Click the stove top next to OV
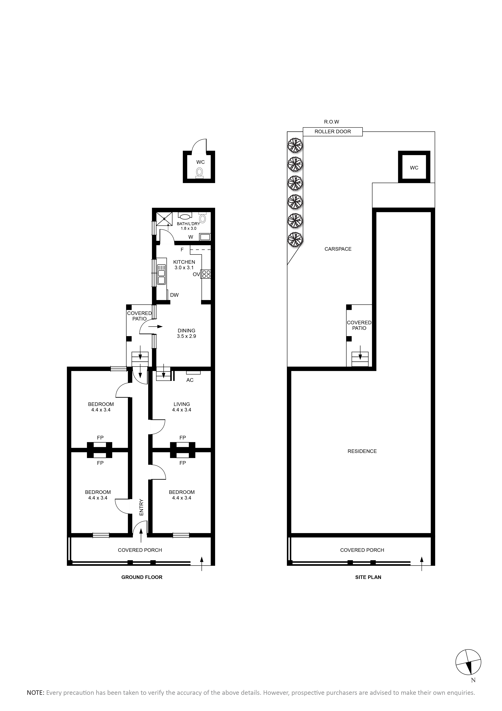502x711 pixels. [206, 274]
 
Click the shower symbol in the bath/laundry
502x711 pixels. [164, 219]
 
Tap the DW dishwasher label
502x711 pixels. [174, 295]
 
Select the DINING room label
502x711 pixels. [187, 331]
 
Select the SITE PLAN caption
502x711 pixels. [368, 577]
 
